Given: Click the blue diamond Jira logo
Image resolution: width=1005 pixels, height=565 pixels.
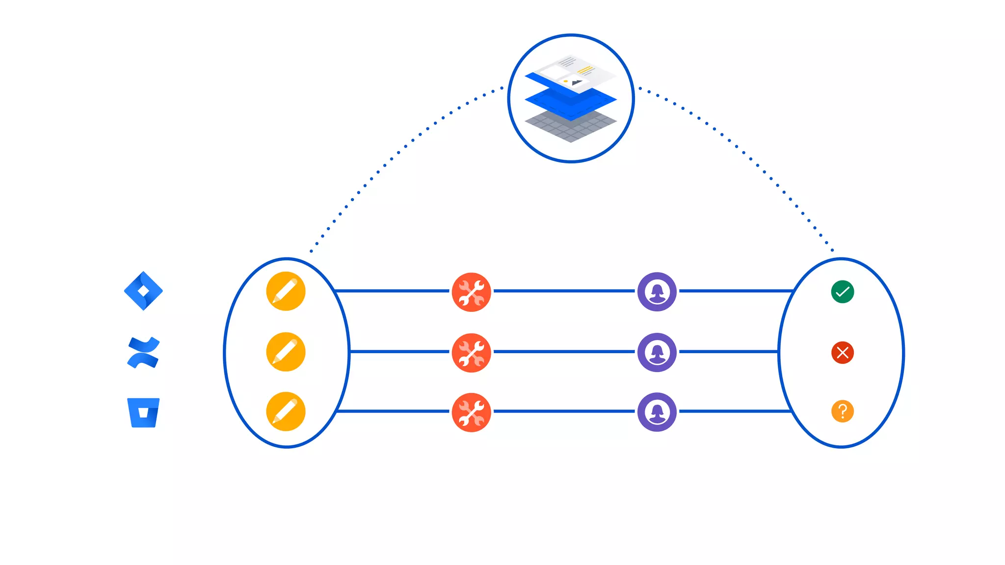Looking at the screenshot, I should pyautogui.click(x=143, y=291).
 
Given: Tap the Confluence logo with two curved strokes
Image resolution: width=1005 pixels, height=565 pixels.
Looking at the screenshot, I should pyautogui.click(x=143, y=352).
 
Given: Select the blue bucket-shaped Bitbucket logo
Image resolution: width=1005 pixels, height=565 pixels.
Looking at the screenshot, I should pyautogui.click(x=143, y=412).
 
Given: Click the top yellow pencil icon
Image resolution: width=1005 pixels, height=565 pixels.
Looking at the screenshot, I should pyautogui.click(x=286, y=291).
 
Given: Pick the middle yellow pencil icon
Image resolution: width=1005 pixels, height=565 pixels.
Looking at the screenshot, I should pyautogui.click(x=286, y=352).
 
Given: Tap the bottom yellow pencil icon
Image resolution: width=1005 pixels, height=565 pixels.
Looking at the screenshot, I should pyautogui.click(x=286, y=411).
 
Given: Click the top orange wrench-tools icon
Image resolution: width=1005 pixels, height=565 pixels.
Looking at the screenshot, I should pyautogui.click(x=471, y=292).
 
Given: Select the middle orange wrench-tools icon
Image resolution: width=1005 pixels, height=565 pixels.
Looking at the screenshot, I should pyautogui.click(x=471, y=353).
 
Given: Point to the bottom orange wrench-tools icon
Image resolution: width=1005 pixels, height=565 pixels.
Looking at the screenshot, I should pyautogui.click(x=471, y=412).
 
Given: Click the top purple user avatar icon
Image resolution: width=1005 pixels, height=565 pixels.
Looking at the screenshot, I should pyautogui.click(x=657, y=292).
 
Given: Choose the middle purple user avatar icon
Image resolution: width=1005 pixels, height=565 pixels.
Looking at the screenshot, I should pyautogui.click(x=657, y=352).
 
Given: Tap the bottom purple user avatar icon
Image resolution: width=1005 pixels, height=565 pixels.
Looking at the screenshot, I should pyautogui.click(x=657, y=412).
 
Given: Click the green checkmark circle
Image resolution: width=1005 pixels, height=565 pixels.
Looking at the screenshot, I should pyautogui.click(x=843, y=292).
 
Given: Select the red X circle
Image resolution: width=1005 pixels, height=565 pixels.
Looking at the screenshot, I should pyautogui.click(x=843, y=352).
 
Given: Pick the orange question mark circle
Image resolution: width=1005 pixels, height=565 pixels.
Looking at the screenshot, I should pyautogui.click(x=843, y=411).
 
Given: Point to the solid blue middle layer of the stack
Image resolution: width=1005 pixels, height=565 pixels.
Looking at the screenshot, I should pyautogui.click(x=571, y=103).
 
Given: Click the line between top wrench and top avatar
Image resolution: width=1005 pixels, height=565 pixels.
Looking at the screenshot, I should pyautogui.click(x=564, y=291).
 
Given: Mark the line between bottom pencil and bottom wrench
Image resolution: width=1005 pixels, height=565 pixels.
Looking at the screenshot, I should pyautogui.click(x=393, y=411).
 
